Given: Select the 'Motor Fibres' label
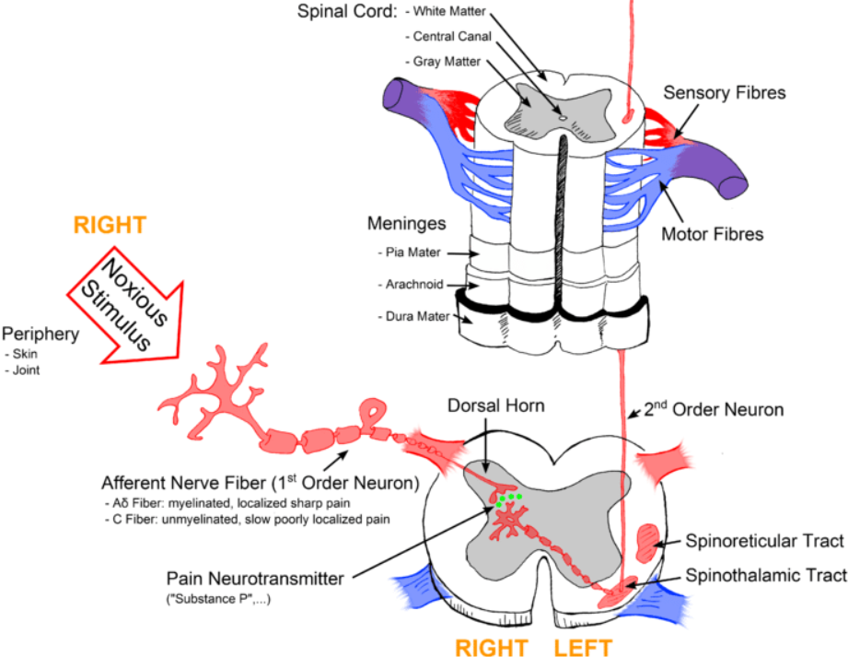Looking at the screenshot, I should (712, 234).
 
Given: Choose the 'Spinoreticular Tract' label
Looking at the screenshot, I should (765, 542).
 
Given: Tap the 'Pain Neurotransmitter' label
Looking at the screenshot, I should (255, 579).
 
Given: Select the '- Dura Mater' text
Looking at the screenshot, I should (414, 316).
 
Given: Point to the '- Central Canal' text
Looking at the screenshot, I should (447, 36).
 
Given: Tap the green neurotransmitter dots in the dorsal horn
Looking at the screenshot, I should (506, 500).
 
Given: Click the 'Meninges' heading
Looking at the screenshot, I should (407, 224).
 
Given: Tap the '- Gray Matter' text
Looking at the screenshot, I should (443, 61).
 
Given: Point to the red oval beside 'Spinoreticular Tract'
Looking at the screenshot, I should (647, 539).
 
